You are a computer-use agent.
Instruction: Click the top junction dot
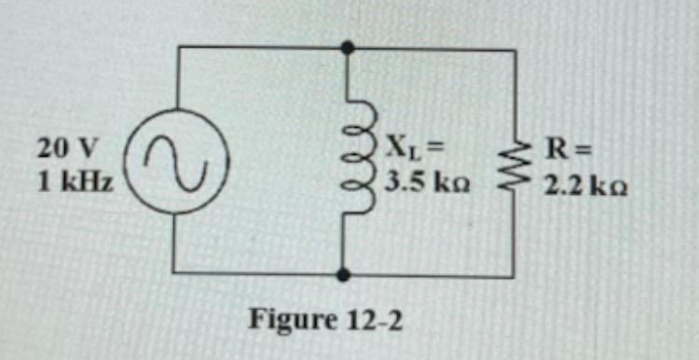348,47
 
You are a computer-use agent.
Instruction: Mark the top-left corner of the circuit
178,47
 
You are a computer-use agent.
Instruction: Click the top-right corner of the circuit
515,49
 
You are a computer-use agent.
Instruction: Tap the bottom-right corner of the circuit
514,276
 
